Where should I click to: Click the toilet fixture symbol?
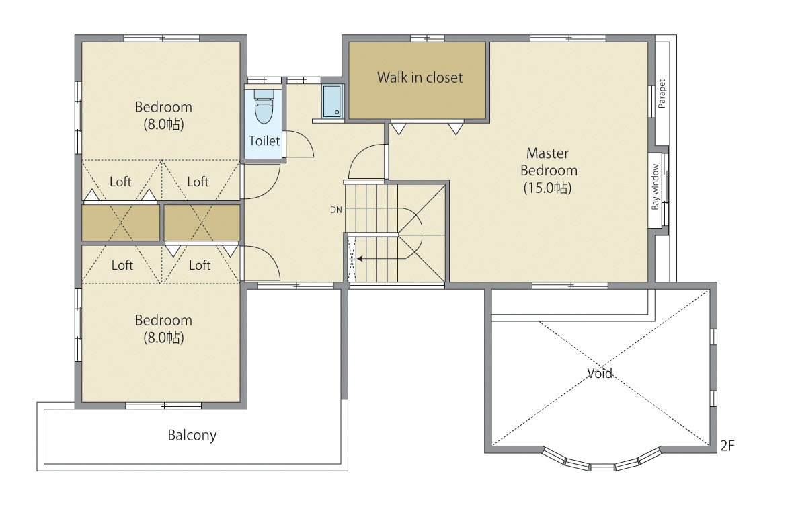(x=264, y=107)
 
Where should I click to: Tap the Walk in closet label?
(x=420, y=77)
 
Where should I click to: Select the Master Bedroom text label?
(x=549, y=161)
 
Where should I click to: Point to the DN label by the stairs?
(x=335, y=210)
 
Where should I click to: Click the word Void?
(x=600, y=373)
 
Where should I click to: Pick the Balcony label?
(x=192, y=435)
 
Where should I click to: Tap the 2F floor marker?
(x=727, y=446)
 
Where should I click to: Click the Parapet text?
(x=662, y=93)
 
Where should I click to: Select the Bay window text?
(x=656, y=187)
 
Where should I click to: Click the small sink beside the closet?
(x=332, y=102)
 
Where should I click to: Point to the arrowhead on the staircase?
(x=360, y=259)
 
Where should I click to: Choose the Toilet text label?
(x=264, y=141)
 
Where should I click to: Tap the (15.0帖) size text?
(x=547, y=188)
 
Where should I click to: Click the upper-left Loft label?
(x=120, y=182)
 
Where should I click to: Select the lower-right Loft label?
(x=200, y=265)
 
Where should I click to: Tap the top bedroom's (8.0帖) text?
(x=163, y=124)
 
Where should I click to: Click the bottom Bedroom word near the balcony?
(x=163, y=320)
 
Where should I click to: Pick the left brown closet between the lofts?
(x=121, y=223)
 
